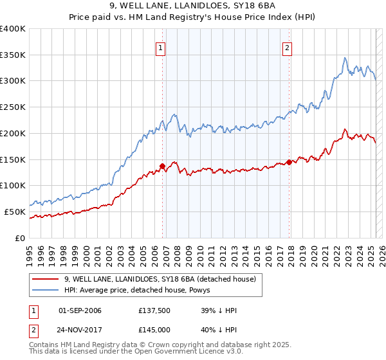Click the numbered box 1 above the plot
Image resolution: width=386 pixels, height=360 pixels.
pyautogui.click(x=160, y=46)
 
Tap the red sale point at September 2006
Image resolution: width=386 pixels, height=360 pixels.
pyautogui.click(x=162, y=165)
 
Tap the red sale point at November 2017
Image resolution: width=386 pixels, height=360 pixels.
pyautogui.click(x=289, y=161)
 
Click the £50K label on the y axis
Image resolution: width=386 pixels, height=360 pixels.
pyautogui.click(x=15, y=212)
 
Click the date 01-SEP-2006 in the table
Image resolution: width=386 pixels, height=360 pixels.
pyautogui.click(x=80, y=310)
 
